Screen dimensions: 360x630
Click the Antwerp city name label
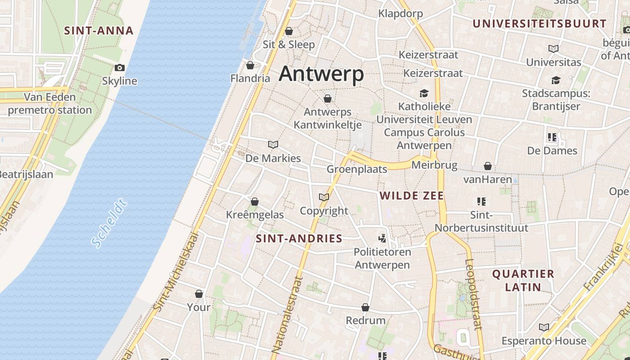coord(321,73)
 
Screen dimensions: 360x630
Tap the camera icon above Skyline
coord(119,67)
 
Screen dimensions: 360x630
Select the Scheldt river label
coord(108,224)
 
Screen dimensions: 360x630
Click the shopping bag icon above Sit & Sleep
coord(289,31)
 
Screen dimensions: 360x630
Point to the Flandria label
coord(250,78)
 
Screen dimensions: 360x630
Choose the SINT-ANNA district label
coord(99,31)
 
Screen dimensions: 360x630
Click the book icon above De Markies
coord(273,144)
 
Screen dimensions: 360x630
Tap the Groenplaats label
coord(357,169)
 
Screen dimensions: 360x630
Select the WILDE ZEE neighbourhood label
coord(412,196)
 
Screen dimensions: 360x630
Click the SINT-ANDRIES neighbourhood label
coord(299,239)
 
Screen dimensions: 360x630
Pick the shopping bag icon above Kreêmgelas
coord(255,201)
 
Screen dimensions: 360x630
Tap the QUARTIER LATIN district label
coord(523,280)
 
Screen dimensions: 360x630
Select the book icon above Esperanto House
coord(544,327)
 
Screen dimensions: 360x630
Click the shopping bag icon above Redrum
coord(365,307)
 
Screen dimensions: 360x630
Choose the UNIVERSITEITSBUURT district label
coord(540,24)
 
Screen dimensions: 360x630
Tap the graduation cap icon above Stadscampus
coord(556,80)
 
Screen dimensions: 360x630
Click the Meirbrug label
coord(434,165)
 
